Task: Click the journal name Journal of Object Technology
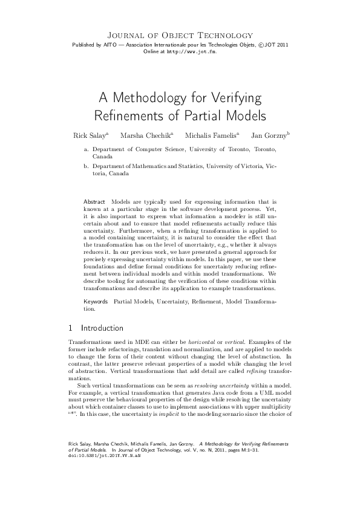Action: click(180, 36)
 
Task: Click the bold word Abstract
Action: click(94, 201)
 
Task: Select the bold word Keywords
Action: click(96, 301)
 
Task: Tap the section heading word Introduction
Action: click(102, 328)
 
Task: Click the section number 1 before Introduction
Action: click(71, 328)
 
